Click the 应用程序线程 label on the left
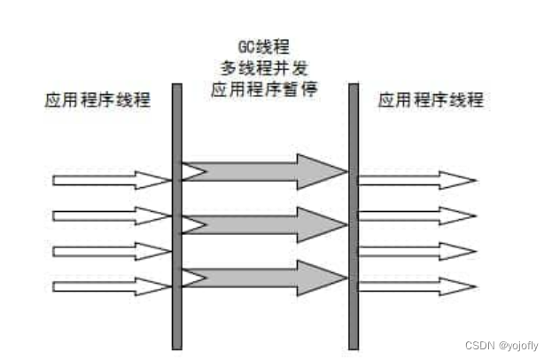(x=97, y=100)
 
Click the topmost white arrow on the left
(x=111, y=181)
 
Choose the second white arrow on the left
(x=111, y=215)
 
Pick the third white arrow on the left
(x=111, y=251)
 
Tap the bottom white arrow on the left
(x=111, y=286)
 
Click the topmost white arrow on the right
(x=416, y=181)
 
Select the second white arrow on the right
(x=416, y=215)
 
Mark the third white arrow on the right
(x=416, y=251)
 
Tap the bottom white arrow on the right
(x=416, y=286)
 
